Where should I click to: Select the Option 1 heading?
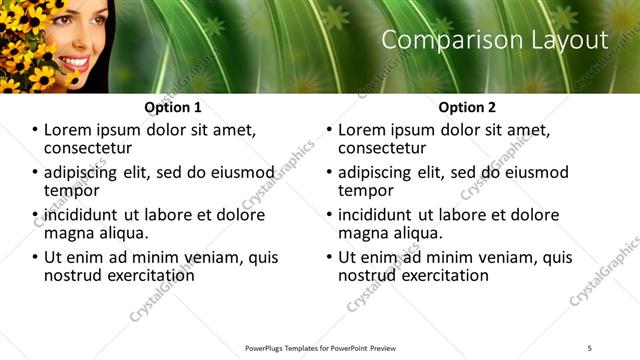point(173,107)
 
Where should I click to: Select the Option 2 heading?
point(467,107)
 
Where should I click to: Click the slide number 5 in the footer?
point(589,347)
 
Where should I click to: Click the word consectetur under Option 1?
point(89,148)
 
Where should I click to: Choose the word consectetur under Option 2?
point(383,148)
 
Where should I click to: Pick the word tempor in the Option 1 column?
point(69,191)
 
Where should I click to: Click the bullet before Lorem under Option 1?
point(35,131)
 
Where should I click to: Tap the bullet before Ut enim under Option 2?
point(329,257)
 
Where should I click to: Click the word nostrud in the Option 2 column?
point(370,275)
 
